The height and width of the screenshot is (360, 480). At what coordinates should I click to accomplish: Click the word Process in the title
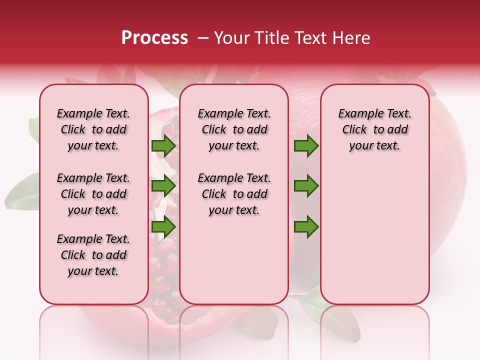tap(154, 38)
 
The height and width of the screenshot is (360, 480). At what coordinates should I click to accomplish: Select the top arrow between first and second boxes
tap(163, 146)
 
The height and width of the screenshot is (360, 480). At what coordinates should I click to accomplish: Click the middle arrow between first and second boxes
tap(163, 186)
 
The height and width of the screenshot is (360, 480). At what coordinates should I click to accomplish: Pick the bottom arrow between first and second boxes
tap(163, 227)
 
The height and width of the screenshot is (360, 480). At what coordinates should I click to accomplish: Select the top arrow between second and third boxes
tap(306, 146)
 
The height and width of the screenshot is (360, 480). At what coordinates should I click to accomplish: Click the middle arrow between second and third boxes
tap(306, 186)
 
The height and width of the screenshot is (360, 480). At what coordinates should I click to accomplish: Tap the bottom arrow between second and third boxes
tap(306, 227)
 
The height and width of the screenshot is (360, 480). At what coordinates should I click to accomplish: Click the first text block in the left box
tap(93, 129)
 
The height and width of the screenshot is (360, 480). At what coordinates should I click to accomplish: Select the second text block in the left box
tap(93, 194)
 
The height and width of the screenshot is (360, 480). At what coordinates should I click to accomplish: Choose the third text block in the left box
tap(93, 255)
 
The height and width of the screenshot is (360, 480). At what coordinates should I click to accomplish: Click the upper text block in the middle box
tap(234, 129)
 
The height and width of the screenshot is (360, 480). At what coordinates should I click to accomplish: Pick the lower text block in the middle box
tap(234, 194)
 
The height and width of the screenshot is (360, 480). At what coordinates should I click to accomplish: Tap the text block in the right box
tap(375, 129)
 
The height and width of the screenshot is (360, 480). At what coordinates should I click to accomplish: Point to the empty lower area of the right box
tap(375, 240)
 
